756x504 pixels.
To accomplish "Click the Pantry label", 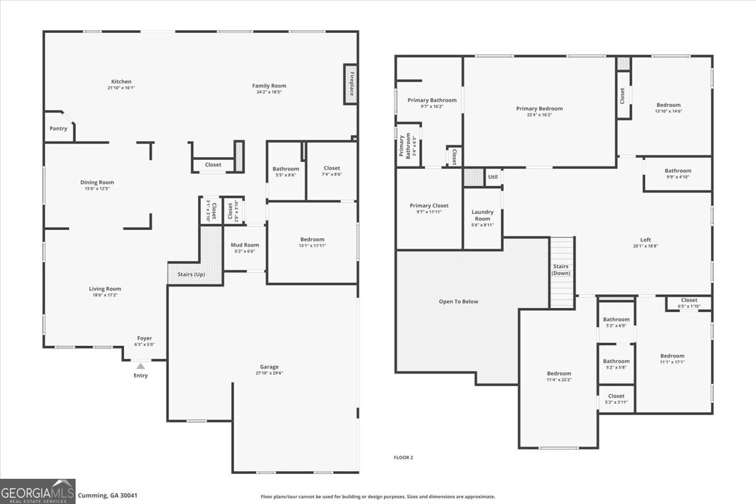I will click(x=59, y=129).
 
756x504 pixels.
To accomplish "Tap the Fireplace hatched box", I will click(x=350, y=83).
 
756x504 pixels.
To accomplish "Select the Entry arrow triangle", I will click(x=140, y=366).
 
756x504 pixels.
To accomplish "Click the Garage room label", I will click(x=269, y=367).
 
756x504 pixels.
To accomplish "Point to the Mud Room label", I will click(x=244, y=245).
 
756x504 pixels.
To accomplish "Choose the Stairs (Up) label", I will click(x=191, y=274).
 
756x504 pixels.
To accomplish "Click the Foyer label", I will click(x=144, y=338).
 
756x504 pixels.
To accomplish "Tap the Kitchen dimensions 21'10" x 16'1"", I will click(x=122, y=88).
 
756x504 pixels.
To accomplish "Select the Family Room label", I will click(x=269, y=86).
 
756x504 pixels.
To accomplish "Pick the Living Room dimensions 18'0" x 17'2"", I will click(x=105, y=295).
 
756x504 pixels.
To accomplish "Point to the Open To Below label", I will click(x=458, y=301).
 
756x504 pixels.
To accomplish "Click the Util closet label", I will click(x=493, y=177).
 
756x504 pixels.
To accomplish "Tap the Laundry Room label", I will click(x=483, y=215).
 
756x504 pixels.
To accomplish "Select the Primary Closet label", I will click(x=429, y=205).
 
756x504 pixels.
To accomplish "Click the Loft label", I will click(x=646, y=239).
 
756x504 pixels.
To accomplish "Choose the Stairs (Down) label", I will click(x=561, y=270).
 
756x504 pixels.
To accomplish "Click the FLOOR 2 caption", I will click(x=403, y=457).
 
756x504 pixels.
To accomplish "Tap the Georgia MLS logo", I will click(x=38, y=491).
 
